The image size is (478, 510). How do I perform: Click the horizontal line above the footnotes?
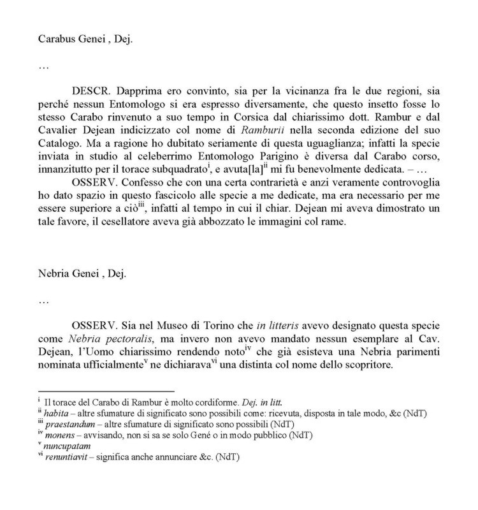(106, 391)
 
